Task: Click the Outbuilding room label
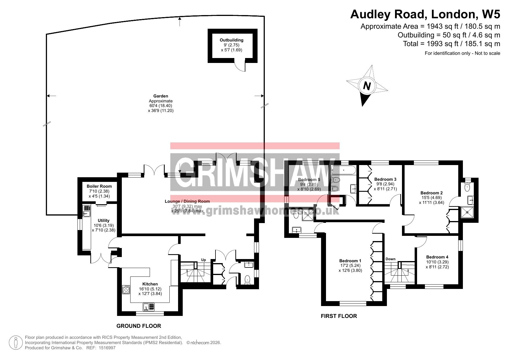pyautogui.click(x=231, y=40)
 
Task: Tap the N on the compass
pyautogui.click(x=367, y=86)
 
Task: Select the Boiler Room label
pyautogui.click(x=99, y=186)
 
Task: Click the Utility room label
pyautogui.click(x=104, y=220)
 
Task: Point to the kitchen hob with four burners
pyautogui.click(x=126, y=290)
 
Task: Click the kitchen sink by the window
pyautogui.click(x=149, y=307)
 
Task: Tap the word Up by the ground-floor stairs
pyautogui.click(x=204, y=260)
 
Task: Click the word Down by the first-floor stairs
pyautogui.click(x=390, y=259)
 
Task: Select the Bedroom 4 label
pyautogui.click(x=437, y=257)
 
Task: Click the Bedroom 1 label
pyautogui.click(x=350, y=260)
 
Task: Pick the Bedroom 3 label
pyautogui.click(x=385, y=179)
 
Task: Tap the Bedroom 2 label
pyautogui.click(x=432, y=193)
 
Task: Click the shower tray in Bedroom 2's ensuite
pyautogui.click(x=467, y=212)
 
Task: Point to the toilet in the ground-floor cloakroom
pyautogui.click(x=247, y=280)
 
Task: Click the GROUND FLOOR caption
pyautogui.click(x=139, y=326)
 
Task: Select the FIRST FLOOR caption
pyautogui.click(x=339, y=316)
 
